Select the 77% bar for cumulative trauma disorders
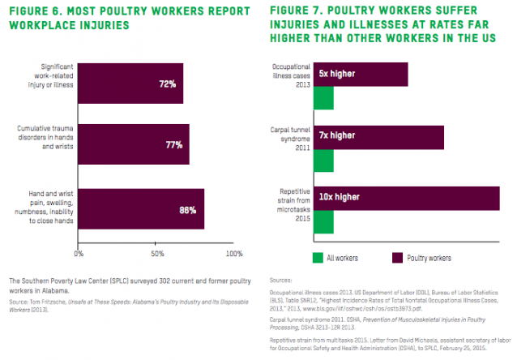coord(134,144)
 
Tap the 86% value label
coord(187,209)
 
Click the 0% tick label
coord(79,254)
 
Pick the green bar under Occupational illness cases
coord(323,97)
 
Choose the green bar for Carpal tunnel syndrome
coord(323,160)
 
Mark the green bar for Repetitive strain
coord(323,221)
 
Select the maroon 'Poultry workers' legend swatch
coord(399,258)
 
